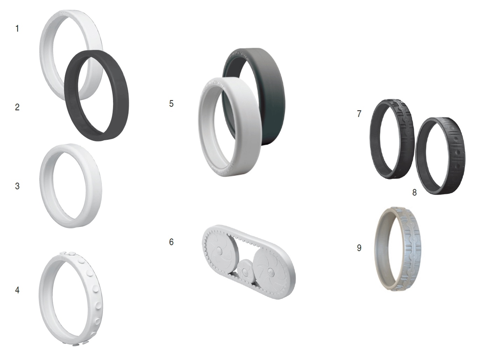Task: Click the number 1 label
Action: point(17,29)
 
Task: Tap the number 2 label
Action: point(17,107)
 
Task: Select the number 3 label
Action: point(17,186)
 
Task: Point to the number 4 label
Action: point(17,290)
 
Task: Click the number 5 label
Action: point(171,104)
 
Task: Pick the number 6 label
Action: point(171,242)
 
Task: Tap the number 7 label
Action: point(359,114)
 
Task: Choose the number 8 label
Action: point(414,192)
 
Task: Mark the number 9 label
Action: point(359,248)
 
